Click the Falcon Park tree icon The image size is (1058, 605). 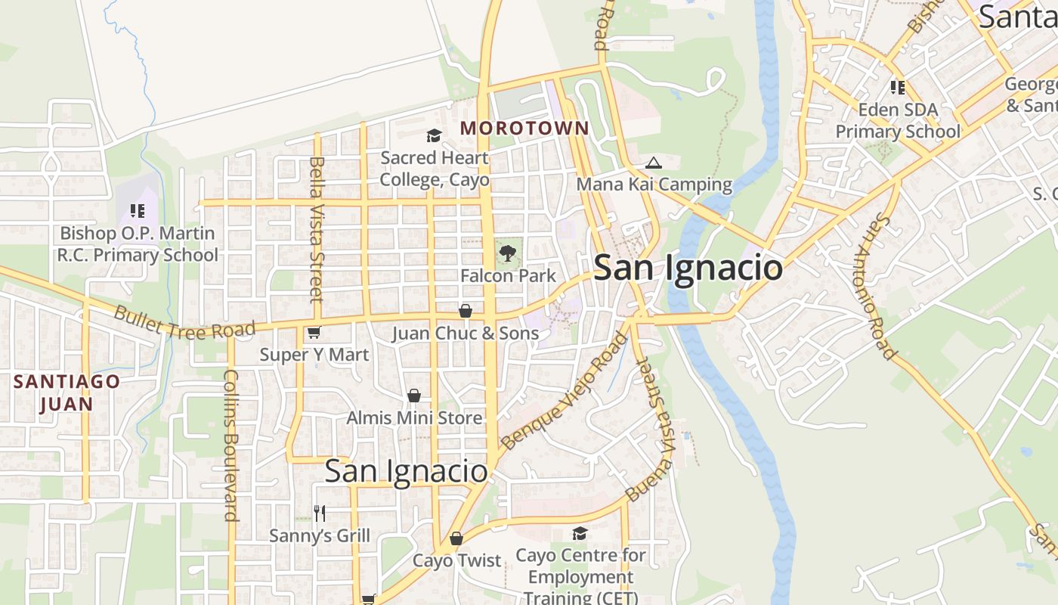pyautogui.click(x=508, y=253)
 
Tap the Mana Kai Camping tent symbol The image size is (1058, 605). pyautogui.click(x=653, y=163)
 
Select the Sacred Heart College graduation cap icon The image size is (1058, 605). pyautogui.click(x=434, y=136)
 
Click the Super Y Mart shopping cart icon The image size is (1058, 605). pyautogui.click(x=314, y=333)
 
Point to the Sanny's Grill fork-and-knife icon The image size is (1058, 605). pyautogui.click(x=320, y=513)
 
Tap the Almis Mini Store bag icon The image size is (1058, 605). pyautogui.click(x=413, y=396)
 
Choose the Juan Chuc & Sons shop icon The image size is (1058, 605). pyautogui.click(x=466, y=311)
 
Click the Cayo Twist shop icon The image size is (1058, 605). pyautogui.click(x=456, y=538)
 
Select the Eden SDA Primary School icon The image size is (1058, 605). pyautogui.click(x=897, y=88)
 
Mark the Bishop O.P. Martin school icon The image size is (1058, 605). pyautogui.click(x=137, y=211)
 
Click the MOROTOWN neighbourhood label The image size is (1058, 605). pyautogui.click(x=524, y=129)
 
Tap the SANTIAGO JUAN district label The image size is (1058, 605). pyautogui.click(x=67, y=392)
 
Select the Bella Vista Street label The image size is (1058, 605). pyautogui.click(x=317, y=228)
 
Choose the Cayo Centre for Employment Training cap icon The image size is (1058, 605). pyautogui.click(x=580, y=534)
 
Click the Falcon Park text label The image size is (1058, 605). pyautogui.click(x=508, y=276)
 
